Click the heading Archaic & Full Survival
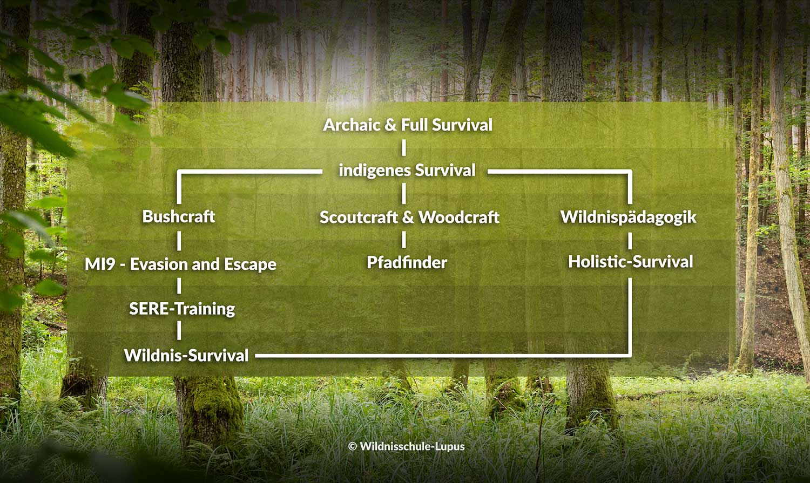(408, 125)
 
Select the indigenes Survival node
(407, 171)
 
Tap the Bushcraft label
(179, 216)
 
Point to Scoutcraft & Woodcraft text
(409, 217)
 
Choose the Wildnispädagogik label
(628, 217)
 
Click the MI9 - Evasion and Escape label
(180, 264)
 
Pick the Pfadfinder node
(407, 262)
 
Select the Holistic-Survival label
(630, 262)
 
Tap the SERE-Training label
(182, 309)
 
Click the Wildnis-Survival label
(186, 355)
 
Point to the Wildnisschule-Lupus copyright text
(407, 446)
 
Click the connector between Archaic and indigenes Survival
(403, 148)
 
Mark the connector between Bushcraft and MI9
(179, 241)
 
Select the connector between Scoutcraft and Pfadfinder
(403, 240)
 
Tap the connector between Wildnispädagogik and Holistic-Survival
(630, 241)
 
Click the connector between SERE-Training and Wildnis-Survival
(179, 331)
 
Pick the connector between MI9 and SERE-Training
(179, 286)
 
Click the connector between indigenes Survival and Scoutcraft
(403, 194)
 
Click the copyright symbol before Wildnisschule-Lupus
(353, 446)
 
